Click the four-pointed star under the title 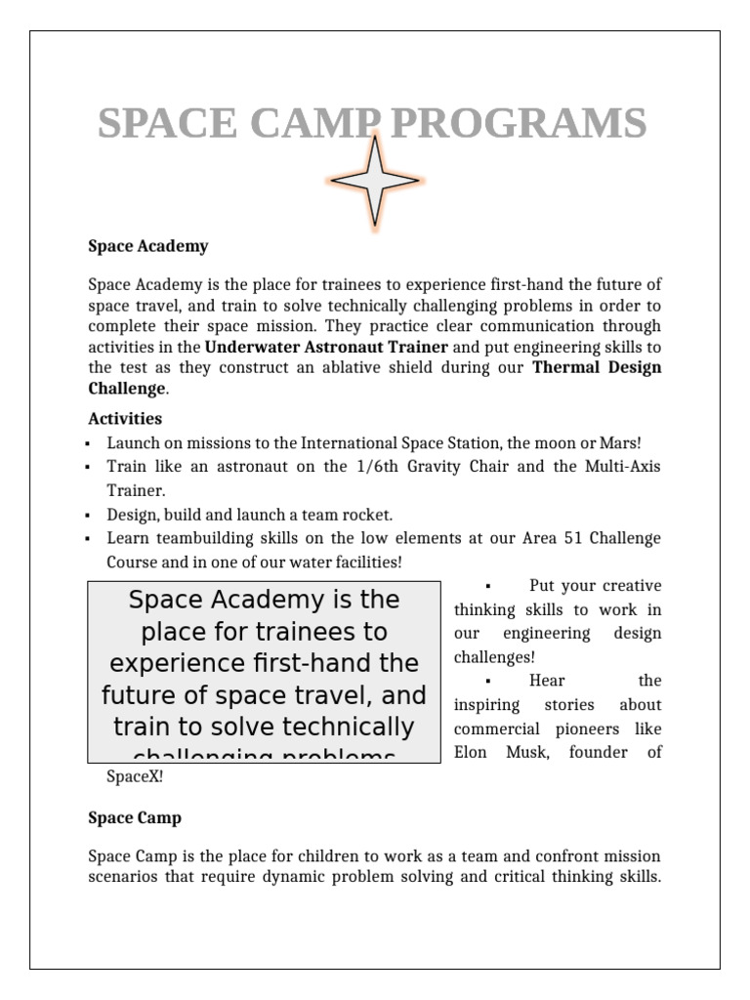[x=375, y=183]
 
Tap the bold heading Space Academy [x=147, y=246]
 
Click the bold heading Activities [x=125, y=419]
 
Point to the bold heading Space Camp [x=135, y=817]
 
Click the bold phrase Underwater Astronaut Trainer [x=326, y=347]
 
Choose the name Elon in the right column [x=472, y=752]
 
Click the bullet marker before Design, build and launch [x=88, y=515]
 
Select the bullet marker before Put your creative [x=486, y=586]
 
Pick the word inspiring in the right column [x=485, y=704]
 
